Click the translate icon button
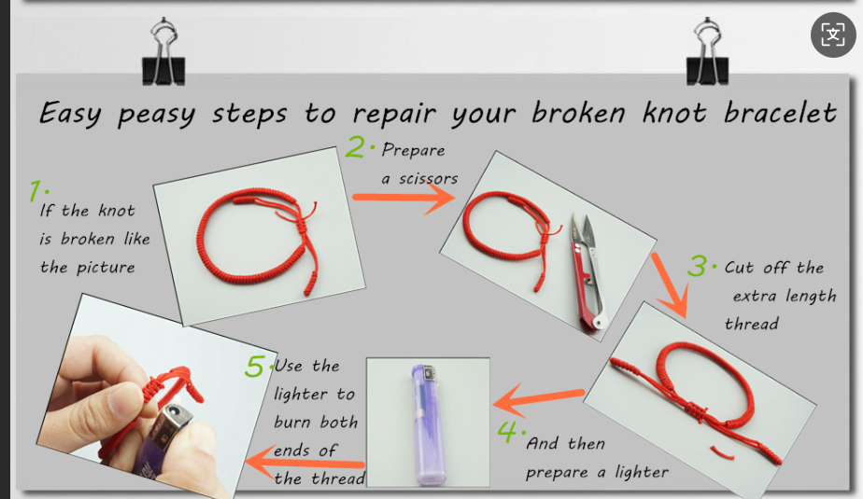click(x=833, y=35)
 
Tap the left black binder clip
click(x=163, y=53)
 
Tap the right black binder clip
click(x=707, y=53)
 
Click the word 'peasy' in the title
click(x=156, y=115)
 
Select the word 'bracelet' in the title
click(x=780, y=112)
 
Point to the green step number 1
click(x=35, y=191)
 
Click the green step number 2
click(x=356, y=146)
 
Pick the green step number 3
click(x=697, y=266)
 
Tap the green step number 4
click(x=507, y=432)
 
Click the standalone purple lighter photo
click(x=428, y=423)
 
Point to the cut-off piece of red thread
click(x=722, y=452)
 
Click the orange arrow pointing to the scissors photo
click(x=404, y=198)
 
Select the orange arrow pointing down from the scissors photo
click(x=671, y=284)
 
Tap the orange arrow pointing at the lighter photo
click(x=538, y=399)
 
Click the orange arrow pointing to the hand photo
click(x=304, y=463)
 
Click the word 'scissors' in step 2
click(x=428, y=179)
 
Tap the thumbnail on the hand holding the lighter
click(x=122, y=398)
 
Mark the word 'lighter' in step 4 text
click(x=642, y=472)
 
